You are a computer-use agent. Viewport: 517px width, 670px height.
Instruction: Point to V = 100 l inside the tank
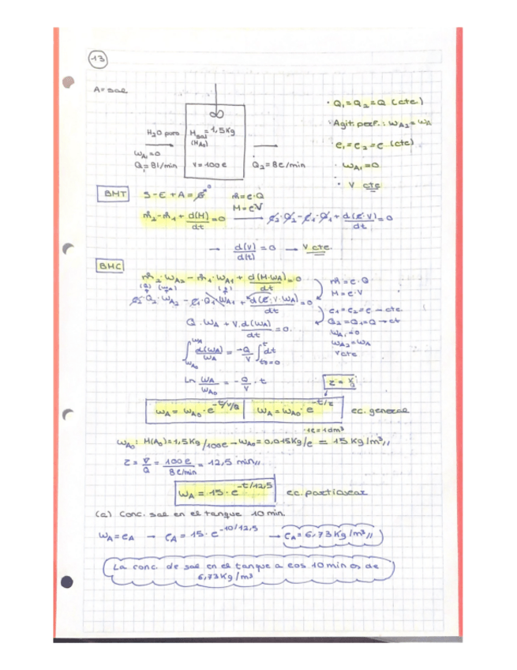[209, 165]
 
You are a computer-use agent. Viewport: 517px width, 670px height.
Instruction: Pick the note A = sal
[110, 90]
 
